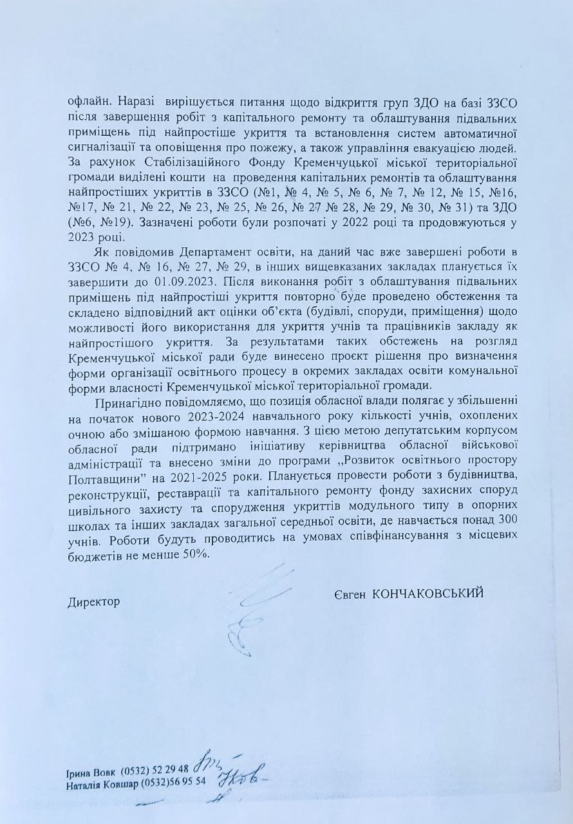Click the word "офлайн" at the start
coord(85,102)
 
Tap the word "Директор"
coord(94,601)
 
